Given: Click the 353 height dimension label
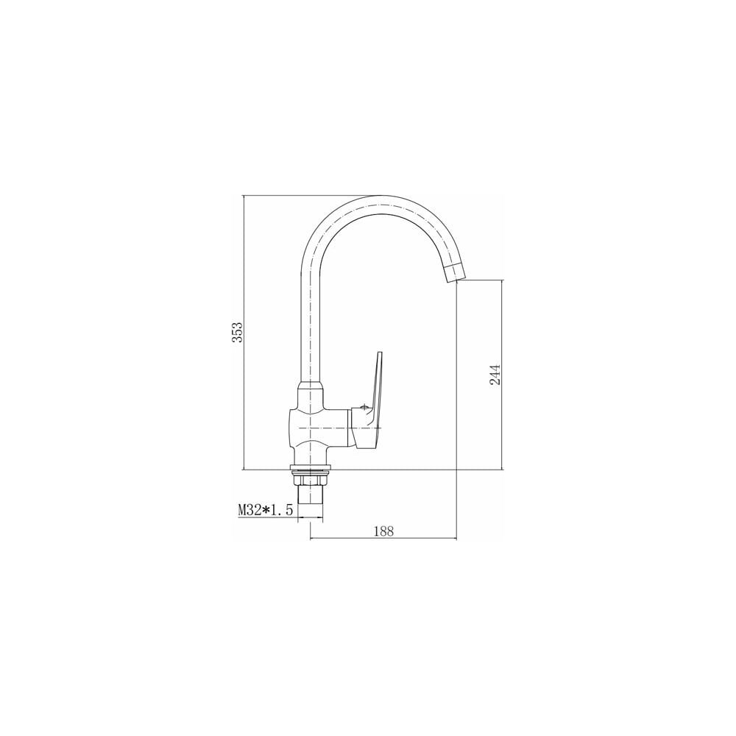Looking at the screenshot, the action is (x=238, y=333).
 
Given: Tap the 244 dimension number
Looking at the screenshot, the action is (x=495, y=375).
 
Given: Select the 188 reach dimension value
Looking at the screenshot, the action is (x=384, y=531).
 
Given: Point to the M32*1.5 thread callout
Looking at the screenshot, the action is (x=265, y=510).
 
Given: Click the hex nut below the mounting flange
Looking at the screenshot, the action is (x=311, y=480).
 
